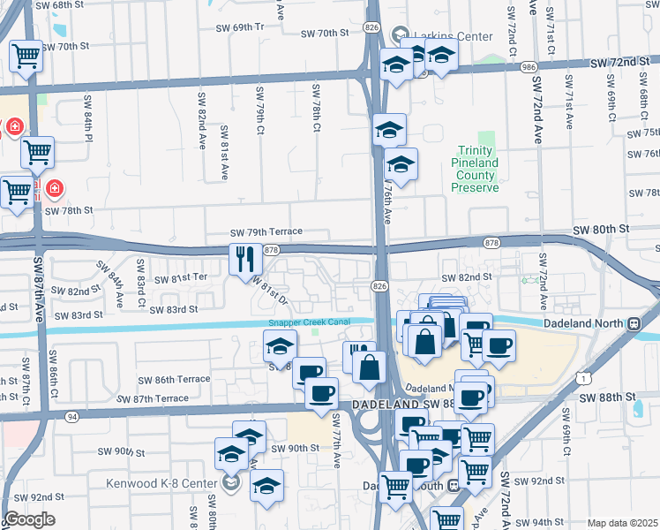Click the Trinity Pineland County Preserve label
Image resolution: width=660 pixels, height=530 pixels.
[x=476, y=170]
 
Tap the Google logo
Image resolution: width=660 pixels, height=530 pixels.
[x=29, y=519]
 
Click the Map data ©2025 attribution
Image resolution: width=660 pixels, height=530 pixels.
[x=622, y=523]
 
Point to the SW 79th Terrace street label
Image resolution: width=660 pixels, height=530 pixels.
[x=266, y=232]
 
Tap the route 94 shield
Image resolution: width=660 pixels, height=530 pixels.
[x=72, y=416]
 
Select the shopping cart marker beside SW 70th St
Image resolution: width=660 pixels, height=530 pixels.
[x=26, y=57]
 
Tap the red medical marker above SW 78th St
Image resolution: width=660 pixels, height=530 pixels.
[x=55, y=188]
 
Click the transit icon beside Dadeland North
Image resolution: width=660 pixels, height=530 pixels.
[x=634, y=323]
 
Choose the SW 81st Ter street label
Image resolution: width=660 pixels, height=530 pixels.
[x=181, y=277]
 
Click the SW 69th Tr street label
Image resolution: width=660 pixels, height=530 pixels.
[x=241, y=27]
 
